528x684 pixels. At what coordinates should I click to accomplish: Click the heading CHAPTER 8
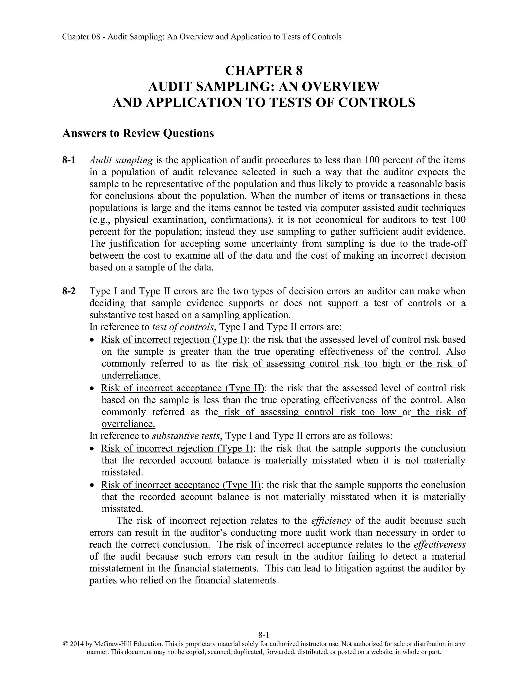click(264, 70)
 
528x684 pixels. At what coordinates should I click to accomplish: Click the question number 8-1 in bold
click(69, 160)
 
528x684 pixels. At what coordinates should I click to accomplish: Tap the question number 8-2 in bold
click(69, 291)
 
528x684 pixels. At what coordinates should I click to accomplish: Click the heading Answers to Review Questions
click(138, 133)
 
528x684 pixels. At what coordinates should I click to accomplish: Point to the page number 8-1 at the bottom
click(264, 635)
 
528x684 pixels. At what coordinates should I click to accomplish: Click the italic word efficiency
click(331, 521)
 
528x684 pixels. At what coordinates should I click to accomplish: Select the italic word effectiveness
click(440, 544)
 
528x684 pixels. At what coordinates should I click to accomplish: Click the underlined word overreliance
click(128, 424)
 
